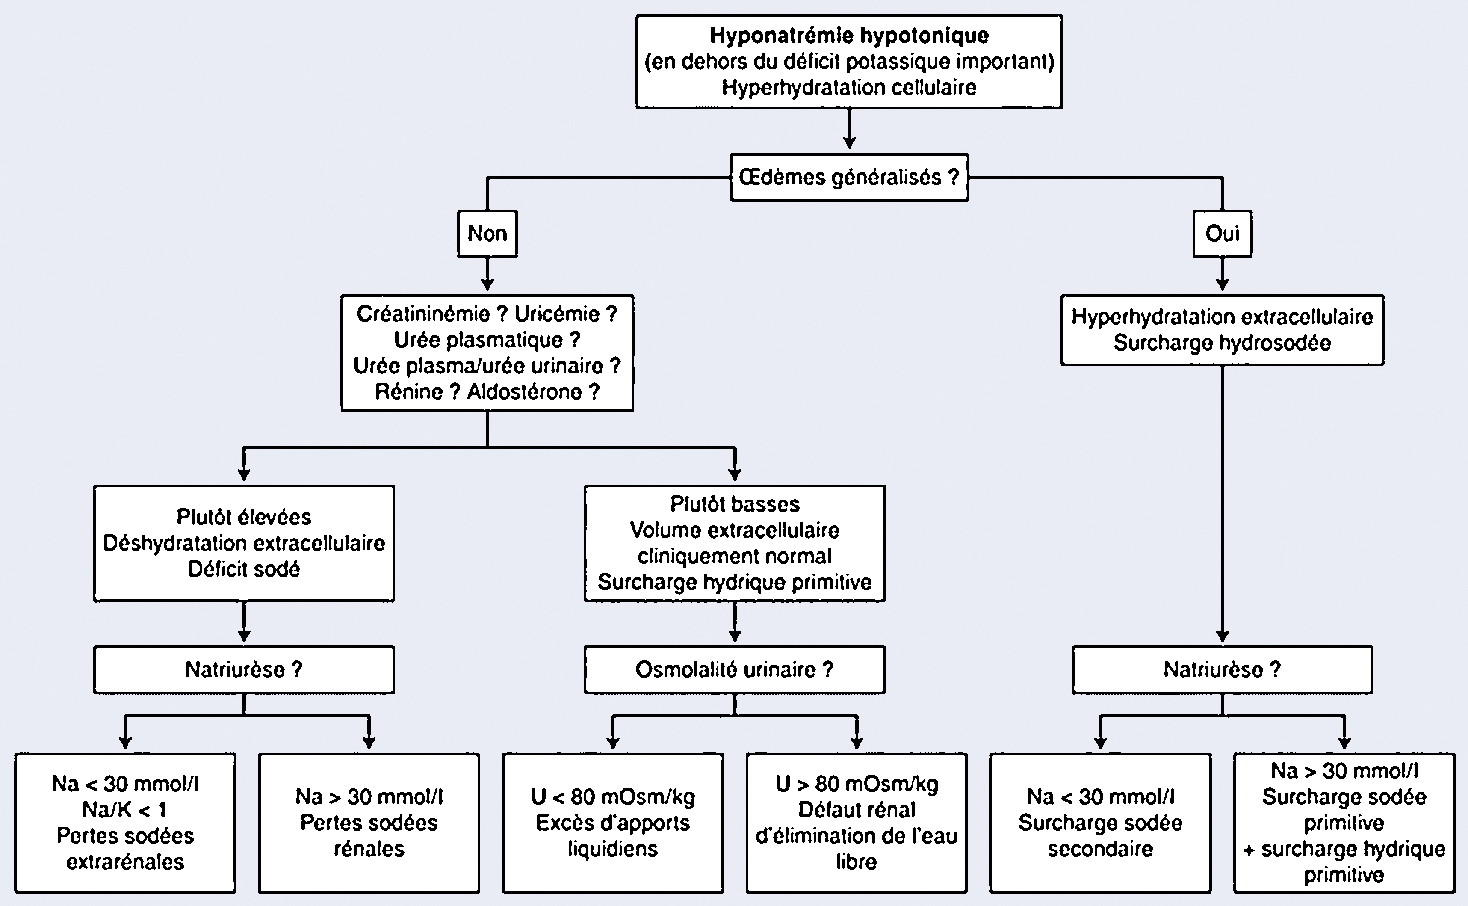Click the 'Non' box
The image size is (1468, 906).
[487, 234]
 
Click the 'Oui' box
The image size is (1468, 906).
[1222, 234]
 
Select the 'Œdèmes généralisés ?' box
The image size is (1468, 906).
[849, 178]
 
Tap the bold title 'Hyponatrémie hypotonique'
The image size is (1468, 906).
[849, 36]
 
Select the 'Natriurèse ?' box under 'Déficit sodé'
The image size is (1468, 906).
[244, 669]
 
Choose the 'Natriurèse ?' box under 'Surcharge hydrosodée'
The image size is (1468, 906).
[1222, 669]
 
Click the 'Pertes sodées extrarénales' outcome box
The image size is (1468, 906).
[125, 823]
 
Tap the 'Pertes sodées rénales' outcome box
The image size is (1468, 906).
[369, 823]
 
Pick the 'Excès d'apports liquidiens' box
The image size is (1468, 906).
[613, 823]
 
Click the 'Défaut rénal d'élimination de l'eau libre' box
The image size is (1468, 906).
[857, 823]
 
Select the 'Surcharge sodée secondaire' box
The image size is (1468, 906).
[1100, 823]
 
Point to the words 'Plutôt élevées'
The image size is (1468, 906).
[244, 516]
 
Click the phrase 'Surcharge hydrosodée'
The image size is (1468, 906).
[1222, 343]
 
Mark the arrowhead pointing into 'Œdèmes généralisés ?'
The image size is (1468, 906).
[849, 142]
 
